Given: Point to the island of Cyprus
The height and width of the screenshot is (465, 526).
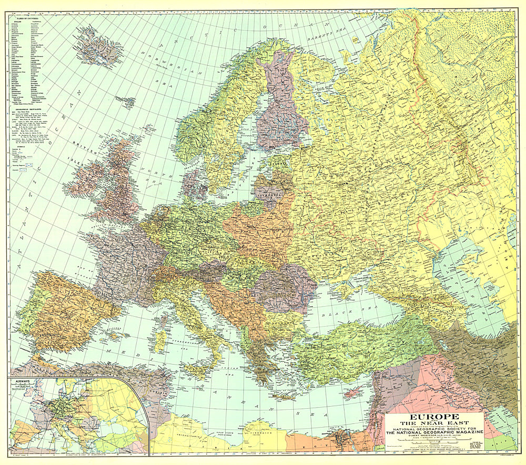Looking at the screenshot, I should click(357, 391).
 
